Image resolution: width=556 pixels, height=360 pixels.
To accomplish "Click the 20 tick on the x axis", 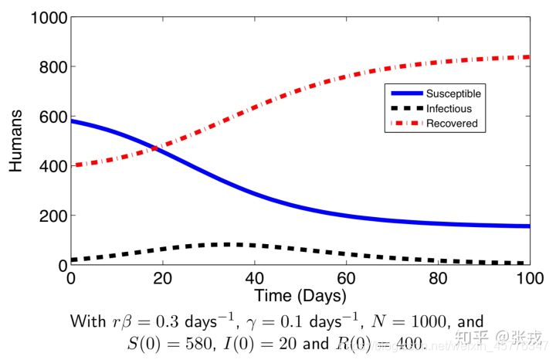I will point(162,278).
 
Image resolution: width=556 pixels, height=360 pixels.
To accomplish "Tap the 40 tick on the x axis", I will point(254,278).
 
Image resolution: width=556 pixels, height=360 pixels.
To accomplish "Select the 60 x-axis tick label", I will point(346,278).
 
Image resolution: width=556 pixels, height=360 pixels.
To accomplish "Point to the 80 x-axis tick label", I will point(438,278).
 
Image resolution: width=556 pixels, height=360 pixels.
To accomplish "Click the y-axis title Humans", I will point(16,141).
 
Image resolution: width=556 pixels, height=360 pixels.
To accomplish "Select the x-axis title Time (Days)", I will point(300,296).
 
